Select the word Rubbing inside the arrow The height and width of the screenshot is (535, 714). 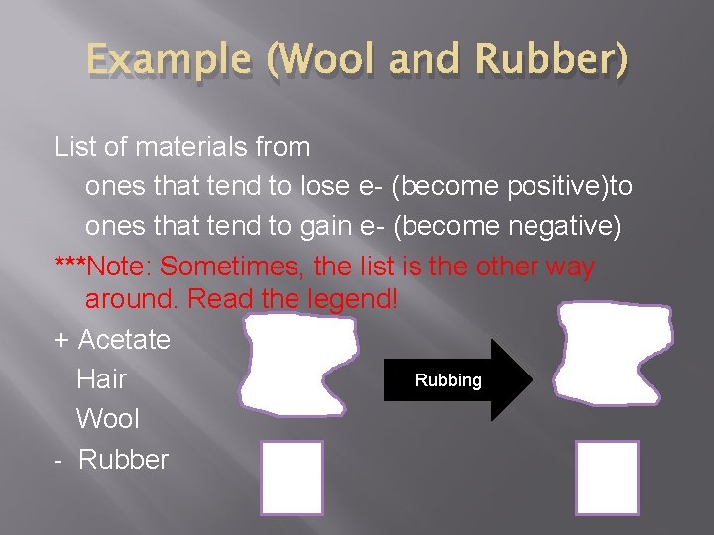[448, 380]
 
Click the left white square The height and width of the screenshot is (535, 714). [292, 478]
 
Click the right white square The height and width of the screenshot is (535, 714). [607, 478]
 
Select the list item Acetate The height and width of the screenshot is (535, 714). [124, 340]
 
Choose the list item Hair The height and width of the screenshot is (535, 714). [101, 379]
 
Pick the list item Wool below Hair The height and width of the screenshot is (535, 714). [108, 419]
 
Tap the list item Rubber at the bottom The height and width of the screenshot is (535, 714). [123, 460]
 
